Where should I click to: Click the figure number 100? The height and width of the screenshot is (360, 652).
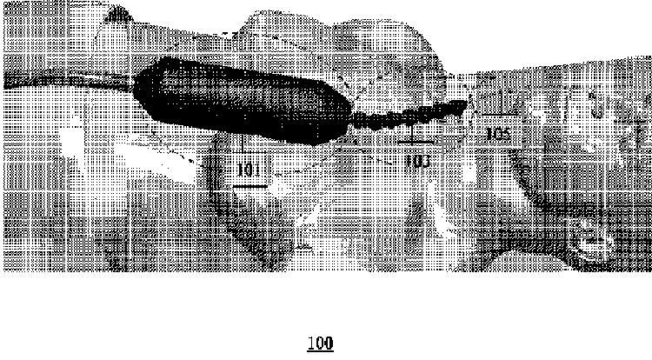tap(320, 343)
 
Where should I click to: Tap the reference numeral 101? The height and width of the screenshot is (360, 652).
tap(249, 169)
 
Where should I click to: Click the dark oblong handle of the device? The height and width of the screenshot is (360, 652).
tap(243, 99)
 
